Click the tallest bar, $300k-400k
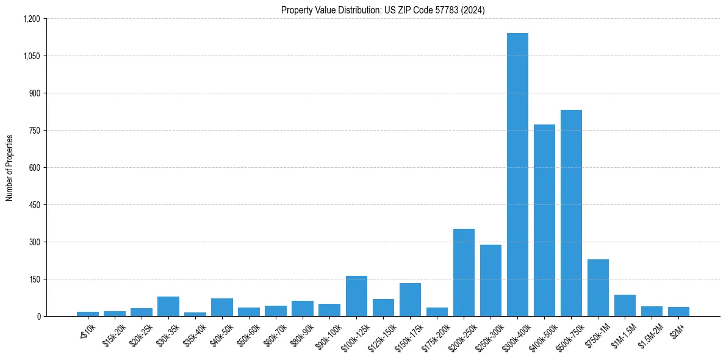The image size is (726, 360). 517,175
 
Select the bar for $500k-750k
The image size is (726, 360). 571,213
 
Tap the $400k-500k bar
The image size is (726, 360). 544,220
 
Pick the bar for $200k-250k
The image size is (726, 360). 464,272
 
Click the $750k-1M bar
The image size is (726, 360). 598,287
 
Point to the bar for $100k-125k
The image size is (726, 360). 356,296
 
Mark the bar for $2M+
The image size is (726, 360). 678,311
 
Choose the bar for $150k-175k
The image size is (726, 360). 410,300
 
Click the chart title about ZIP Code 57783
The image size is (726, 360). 383,10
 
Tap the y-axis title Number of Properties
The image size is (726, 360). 10,167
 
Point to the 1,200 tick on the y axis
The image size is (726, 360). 31,19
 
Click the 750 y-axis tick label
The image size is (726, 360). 34,131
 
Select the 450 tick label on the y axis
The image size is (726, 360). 34,205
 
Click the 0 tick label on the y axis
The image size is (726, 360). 38,316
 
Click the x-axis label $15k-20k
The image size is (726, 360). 114,334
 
